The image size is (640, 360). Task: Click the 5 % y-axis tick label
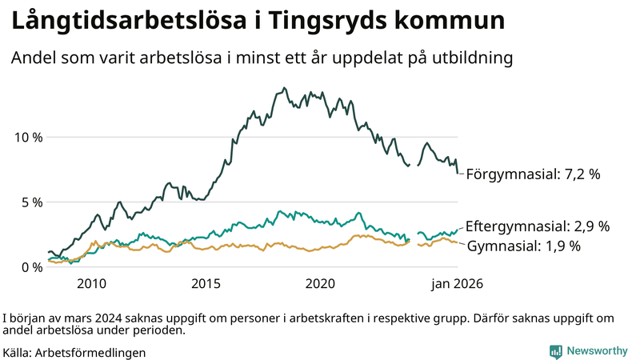[x=32, y=202]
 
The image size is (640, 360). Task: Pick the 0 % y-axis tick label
[x=32, y=267]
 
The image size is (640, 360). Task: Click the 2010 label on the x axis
[x=91, y=284]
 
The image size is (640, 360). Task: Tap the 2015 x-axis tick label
[x=206, y=284]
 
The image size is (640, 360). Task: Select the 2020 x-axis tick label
[x=321, y=284]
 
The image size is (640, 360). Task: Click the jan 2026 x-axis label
[x=457, y=284]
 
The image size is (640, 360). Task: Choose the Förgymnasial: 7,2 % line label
[x=533, y=174]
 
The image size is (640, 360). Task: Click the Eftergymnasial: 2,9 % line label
[x=537, y=226]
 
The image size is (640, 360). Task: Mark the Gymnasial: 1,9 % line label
[x=523, y=246]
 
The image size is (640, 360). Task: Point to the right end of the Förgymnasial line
[x=458, y=172]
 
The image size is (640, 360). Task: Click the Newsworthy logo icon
[x=555, y=351]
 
